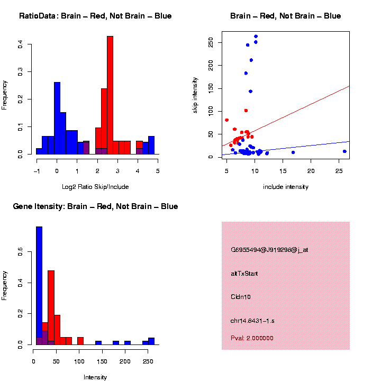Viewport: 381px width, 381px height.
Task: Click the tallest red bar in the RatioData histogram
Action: point(110,95)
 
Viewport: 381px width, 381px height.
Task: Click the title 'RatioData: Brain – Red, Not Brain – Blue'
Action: point(95,16)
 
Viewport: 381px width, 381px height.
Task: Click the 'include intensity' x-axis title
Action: point(285,186)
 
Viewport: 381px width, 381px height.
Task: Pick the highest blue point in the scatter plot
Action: point(256,37)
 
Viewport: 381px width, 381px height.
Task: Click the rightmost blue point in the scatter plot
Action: point(344,151)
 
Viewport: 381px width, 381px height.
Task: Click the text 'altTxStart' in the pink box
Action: point(244,274)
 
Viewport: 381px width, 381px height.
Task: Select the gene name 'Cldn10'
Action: point(241,297)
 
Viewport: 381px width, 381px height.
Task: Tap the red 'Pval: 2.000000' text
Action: point(252,338)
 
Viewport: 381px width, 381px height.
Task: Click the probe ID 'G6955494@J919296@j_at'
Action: point(269,250)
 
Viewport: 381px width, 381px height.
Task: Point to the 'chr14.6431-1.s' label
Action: point(252,321)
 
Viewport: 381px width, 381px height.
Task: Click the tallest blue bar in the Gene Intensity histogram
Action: point(39,286)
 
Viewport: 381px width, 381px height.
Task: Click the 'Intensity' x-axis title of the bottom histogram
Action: point(95,377)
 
